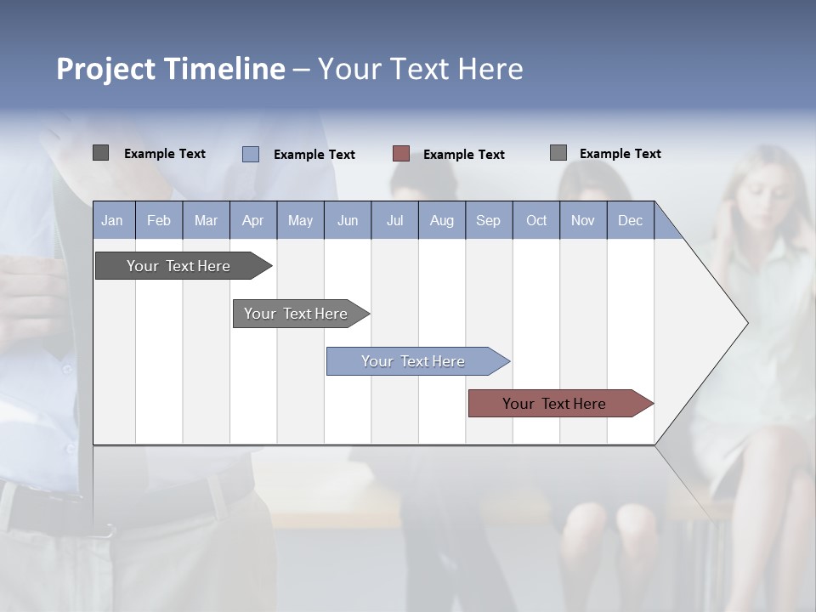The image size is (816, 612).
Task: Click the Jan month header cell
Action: [112, 220]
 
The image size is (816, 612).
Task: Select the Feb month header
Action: [159, 220]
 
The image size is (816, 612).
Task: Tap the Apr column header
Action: [252, 220]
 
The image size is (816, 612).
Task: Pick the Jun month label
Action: [348, 220]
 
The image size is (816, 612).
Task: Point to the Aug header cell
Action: [442, 220]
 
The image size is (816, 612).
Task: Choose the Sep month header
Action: [488, 220]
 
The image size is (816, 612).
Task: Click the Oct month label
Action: [536, 220]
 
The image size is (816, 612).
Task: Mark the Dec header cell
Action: [630, 220]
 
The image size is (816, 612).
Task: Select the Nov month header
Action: [583, 220]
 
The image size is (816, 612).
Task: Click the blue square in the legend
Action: [251, 154]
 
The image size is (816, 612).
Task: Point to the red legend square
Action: [401, 154]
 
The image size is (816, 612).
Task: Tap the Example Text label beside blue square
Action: [314, 155]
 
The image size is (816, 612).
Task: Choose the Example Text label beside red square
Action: [464, 155]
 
